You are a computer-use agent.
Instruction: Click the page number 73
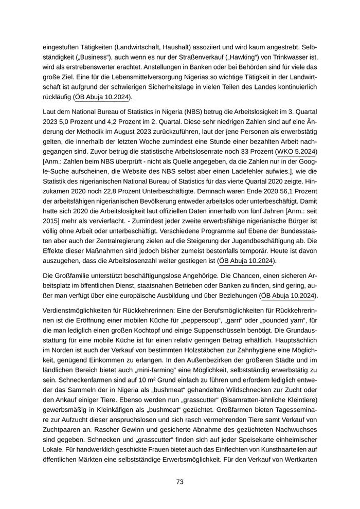[180, 482]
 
